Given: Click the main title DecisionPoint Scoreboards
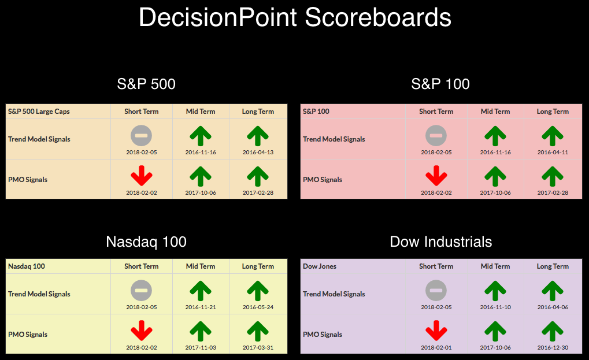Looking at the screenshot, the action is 295,17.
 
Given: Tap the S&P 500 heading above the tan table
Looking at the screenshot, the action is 146,84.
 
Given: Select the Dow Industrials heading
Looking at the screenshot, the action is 440,242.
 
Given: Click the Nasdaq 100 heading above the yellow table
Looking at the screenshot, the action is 146,242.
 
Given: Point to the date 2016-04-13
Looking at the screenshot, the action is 258,153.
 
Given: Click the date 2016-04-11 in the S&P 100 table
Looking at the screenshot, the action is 553,153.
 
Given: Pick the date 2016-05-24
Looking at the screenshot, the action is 258,307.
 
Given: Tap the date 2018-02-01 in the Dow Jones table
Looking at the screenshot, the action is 436,348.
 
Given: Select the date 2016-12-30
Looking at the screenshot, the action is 553,348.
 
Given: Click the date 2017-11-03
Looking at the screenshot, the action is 201,348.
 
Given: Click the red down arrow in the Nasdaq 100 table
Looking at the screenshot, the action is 142,331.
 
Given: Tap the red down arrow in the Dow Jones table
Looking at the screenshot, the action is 436,331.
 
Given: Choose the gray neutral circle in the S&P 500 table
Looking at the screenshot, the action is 141,136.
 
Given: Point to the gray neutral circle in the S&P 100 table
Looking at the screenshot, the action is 436,136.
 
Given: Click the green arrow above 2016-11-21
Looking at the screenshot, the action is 201,291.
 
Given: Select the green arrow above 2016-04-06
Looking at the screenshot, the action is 553,291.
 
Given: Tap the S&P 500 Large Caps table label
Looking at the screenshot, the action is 39,112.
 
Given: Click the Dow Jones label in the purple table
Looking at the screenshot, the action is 320,266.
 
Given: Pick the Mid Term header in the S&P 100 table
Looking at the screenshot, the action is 495,112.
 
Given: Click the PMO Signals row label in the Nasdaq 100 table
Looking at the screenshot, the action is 28,335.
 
